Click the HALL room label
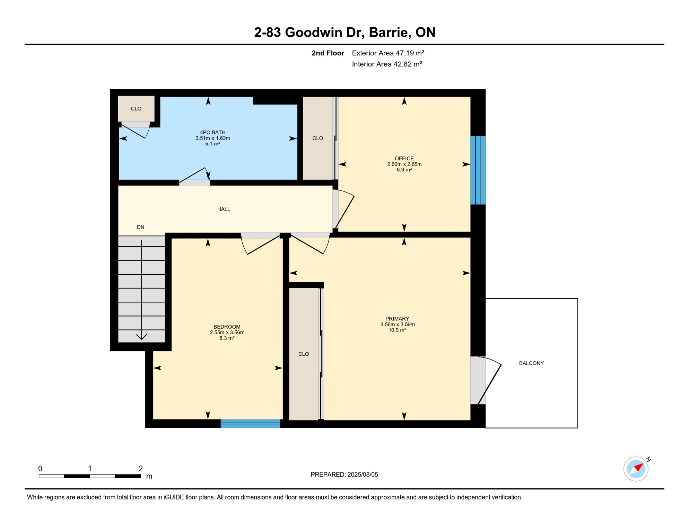point(224,209)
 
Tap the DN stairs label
point(140,227)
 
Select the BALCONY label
point(531,363)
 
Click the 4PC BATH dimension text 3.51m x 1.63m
point(212,138)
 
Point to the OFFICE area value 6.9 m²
point(404,170)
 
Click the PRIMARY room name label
point(397,319)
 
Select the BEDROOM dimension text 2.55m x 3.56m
point(227,332)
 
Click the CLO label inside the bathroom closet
point(136,109)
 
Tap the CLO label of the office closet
point(317,138)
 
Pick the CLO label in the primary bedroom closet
point(303,354)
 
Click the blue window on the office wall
point(478,170)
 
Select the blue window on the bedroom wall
point(250,424)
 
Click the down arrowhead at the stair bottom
point(141,337)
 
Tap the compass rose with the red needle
point(636,469)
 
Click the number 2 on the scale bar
point(140,469)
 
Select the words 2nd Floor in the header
point(328,53)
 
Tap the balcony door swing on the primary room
point(489,381)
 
